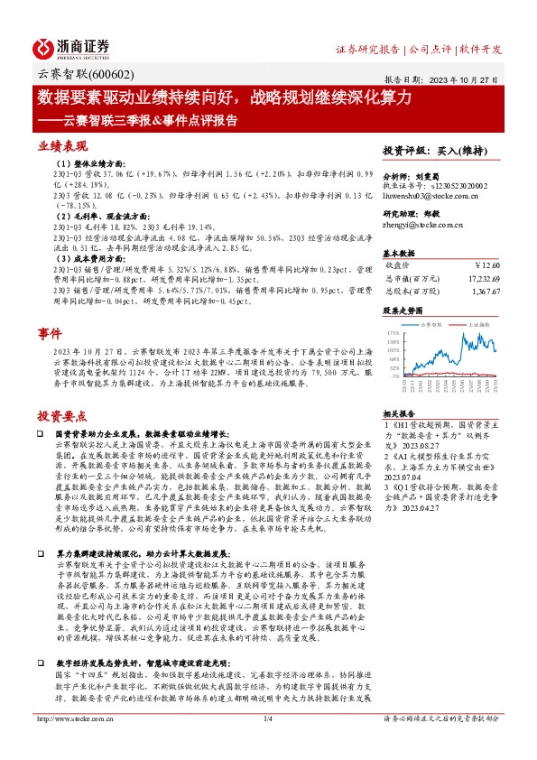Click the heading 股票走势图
coord(403,310)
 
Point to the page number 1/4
coord(267,744)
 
